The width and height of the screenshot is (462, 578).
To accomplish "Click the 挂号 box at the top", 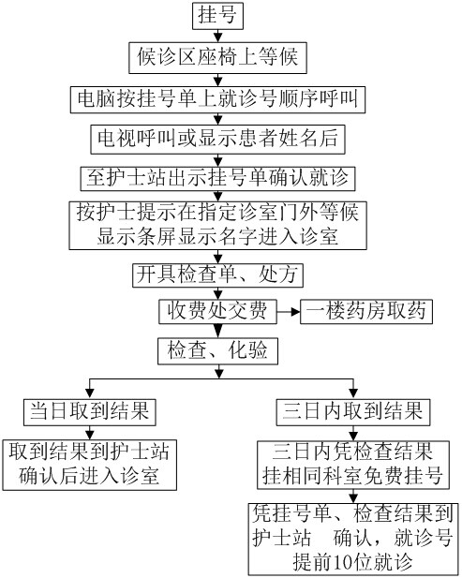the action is (x=218, y=16).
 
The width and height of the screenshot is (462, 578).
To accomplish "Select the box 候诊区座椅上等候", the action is (x=218, y=58).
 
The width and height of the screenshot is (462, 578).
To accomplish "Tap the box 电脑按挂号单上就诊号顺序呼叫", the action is (x=218, y=99).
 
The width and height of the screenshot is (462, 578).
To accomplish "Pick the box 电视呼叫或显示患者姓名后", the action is (x=218, y=140).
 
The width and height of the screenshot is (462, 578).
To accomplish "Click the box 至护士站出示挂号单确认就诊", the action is (x=218, y=179).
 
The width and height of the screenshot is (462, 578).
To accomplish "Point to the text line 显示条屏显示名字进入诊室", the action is (x=217, y=237).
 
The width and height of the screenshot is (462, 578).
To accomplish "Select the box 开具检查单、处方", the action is (x=218, y=275).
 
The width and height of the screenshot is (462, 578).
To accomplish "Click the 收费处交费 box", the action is (x=218, y=312).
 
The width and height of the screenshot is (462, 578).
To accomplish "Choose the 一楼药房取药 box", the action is (x=366, y=312).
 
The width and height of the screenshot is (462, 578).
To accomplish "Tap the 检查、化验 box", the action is (x=218, y=351).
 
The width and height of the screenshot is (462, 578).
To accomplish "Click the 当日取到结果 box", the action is (x=90, y=412).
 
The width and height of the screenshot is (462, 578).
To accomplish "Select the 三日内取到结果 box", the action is (x=353, y=412).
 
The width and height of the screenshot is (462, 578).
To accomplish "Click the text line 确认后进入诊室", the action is (x=89, y=476).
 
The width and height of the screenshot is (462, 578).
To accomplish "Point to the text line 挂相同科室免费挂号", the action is (x=353, y=476).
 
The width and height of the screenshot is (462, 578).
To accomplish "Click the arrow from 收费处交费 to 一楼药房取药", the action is (x=289, y=312).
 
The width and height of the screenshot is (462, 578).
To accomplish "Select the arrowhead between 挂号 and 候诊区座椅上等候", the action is (x=218, y=37).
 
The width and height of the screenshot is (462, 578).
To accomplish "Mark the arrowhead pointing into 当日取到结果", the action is (x=90, y=394).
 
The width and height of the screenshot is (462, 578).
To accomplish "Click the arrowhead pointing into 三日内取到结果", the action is (x=353, y=394).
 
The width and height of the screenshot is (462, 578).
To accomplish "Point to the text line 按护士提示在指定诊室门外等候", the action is (x=217, y=214).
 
